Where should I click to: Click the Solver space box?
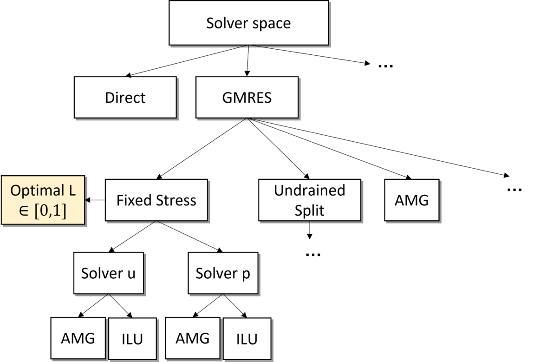[248, 23]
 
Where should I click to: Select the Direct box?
[125, 97]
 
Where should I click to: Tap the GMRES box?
[247, 97]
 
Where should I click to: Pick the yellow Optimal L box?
[43, 200]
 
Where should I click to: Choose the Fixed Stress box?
[156, 200]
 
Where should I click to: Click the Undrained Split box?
[309, 200]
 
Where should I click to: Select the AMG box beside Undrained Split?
[411, 200]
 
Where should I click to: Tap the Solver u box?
[108, 273]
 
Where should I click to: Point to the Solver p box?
[223, 273]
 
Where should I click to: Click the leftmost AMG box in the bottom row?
[78, 338]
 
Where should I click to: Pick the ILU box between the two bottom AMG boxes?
[132, 338]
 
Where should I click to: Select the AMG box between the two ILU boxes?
[192, 338]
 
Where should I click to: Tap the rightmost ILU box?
[247, 338]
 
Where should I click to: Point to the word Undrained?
[309, 191]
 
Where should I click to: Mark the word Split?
[309, 210]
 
